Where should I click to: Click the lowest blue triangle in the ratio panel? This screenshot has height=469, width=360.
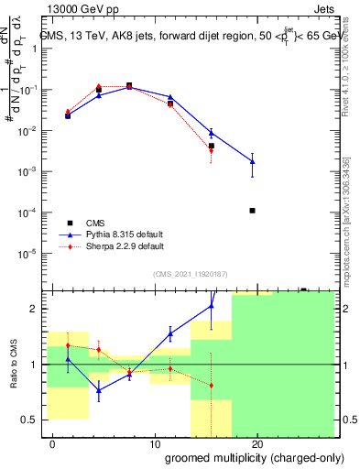(99, 389)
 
